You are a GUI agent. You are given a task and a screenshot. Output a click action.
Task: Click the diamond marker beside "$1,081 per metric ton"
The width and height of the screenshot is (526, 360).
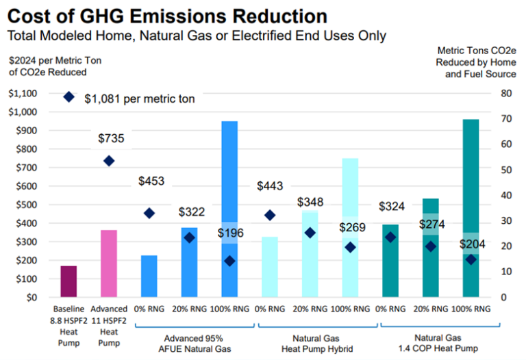68,97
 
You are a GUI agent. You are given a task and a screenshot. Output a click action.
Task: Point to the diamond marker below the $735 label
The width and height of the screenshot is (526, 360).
108,161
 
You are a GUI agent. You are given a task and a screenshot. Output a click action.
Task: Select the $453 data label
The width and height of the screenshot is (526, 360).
151,181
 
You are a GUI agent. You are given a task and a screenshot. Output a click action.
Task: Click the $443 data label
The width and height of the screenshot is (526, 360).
270,186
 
